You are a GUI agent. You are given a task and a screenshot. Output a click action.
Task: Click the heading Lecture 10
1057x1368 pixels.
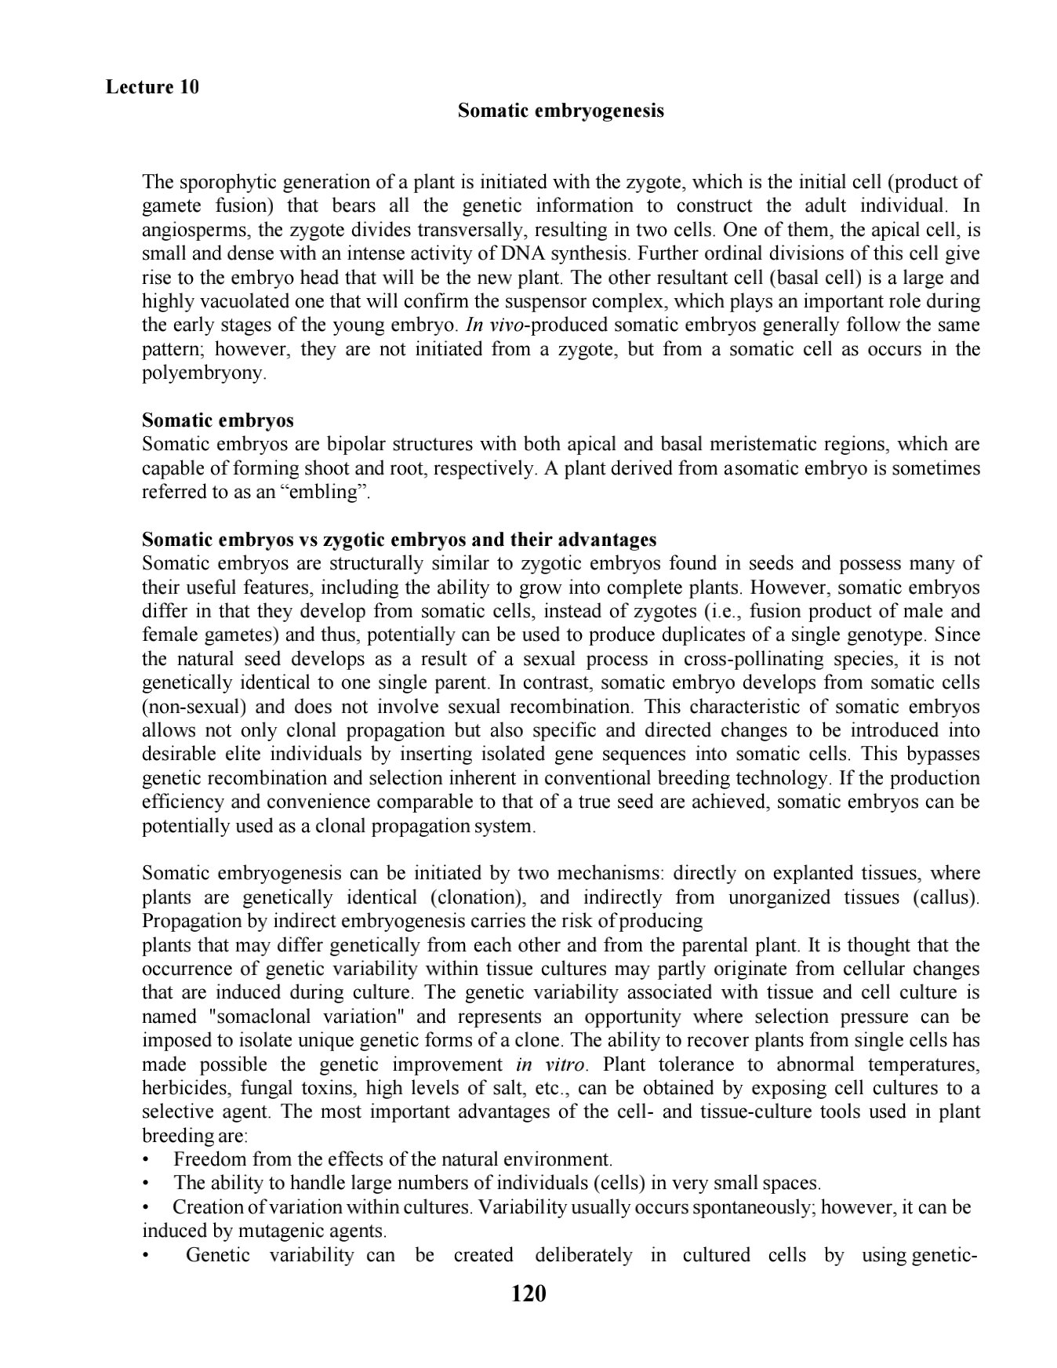[x=152, y=86]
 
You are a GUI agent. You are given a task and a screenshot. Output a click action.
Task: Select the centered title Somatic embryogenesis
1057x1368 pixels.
[x=561, y=111]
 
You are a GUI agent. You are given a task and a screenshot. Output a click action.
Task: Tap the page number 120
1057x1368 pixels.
[x=528, y=1293]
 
